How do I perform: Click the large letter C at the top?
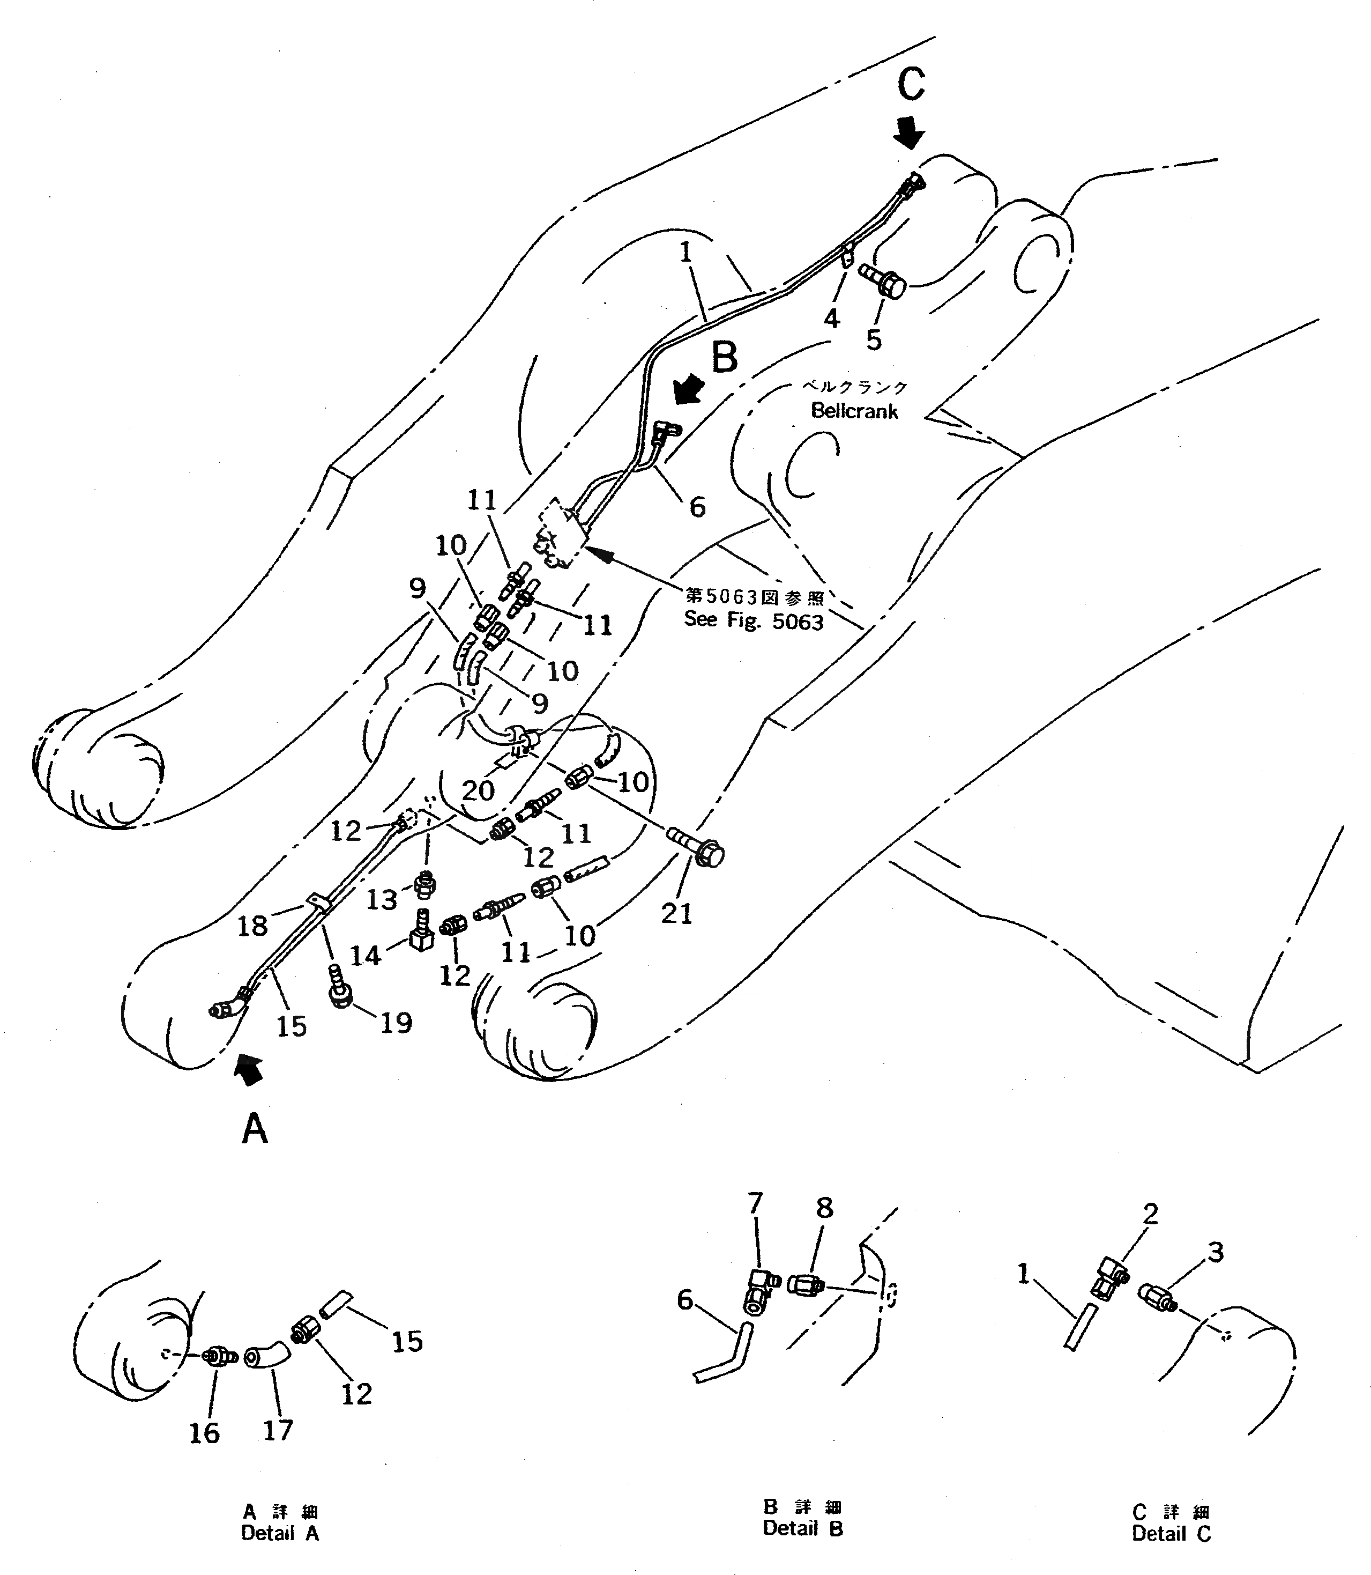pos(911,84)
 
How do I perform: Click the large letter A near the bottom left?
pos(254,1128)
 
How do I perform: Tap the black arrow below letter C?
pos(909,133)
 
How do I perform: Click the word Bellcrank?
pos(854,411)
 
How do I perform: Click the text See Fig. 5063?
pos(754,620)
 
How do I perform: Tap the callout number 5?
pos(874,340)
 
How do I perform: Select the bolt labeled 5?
pos(884,281)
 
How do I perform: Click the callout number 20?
pos(478,790)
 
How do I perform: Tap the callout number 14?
pos(366,955)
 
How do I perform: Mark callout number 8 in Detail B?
pos(823,1208)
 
